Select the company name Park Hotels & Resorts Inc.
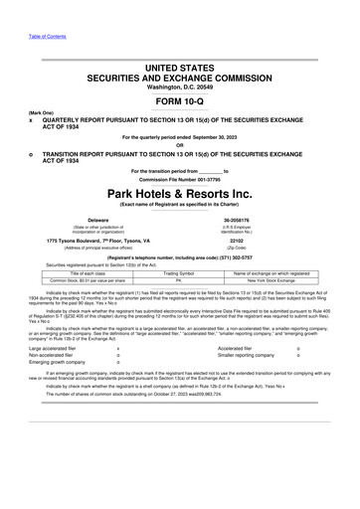pyautogui.click(x=180, y=190)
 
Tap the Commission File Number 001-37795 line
pyautogui.click(x=180, y=178)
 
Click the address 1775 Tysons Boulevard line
pyautogui.click(x=98, y=240)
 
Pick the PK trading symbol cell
pyautogui.click(x=180, y=279)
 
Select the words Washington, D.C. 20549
pyautogui.click(x=180, y=86)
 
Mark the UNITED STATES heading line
pyautogui.click(x=180, y=67)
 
